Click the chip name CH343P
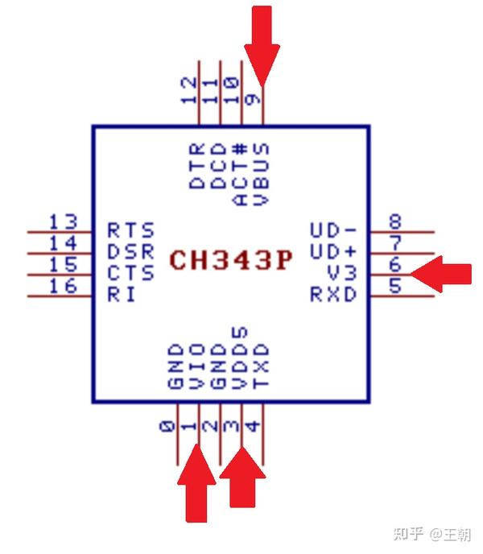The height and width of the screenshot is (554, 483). tap(231, 260)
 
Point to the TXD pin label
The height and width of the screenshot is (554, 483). tap(260, 366)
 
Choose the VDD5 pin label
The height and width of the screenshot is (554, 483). tap(239, 358)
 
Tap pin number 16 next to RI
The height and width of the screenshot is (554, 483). tap(63, 287)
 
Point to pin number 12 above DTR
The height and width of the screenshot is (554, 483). tap(189, 89)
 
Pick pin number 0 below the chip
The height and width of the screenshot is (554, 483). tap(167, 428)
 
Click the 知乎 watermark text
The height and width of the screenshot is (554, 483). tap(407, 534)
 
